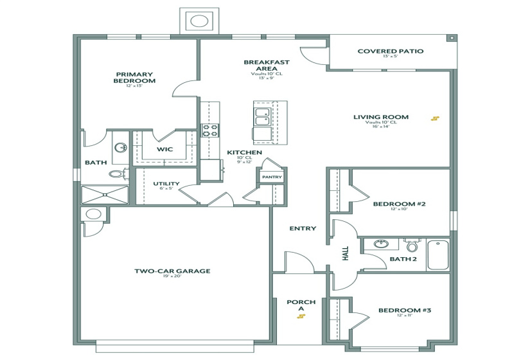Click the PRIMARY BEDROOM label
click(134, 78)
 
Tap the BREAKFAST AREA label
click(266, 66)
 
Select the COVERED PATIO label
click(390, 51)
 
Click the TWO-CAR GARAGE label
click(172, 271)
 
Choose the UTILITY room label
click(166, 184)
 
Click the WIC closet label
click(165, 150)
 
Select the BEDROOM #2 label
click(399, 204)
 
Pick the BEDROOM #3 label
click(404, 310)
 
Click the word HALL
click(345, 254)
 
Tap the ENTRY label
click(303, 228)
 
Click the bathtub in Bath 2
click(440, 255)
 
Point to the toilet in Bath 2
click(412, 246)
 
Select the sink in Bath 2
click(381, 245)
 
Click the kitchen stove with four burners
click(210, 130)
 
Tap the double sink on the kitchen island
click(261, 117)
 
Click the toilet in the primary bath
click(116, 173)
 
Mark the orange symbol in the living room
click(436, 118)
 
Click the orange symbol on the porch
click(301, 316)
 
